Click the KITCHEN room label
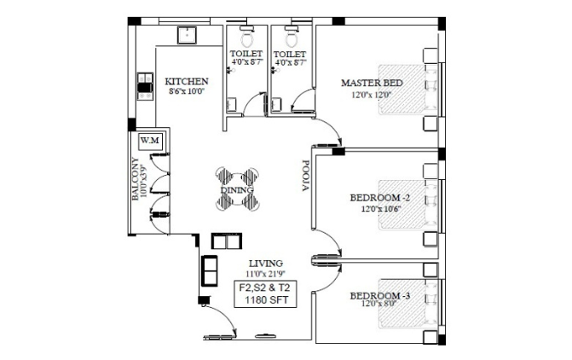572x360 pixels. pos(187,81)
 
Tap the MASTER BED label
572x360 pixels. pos(372,83)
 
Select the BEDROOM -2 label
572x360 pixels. pos(379,198)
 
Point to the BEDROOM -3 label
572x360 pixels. pos(379,295)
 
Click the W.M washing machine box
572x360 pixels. pos(150,141)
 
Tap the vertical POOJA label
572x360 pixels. pos(305,176)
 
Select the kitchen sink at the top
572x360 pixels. pos(188,36)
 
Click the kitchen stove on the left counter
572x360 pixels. pos(145,87)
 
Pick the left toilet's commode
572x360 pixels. pos(247,37)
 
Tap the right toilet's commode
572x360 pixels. pos(292,37)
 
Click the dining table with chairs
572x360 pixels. pos(238,189)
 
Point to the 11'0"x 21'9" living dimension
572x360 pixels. pos(266,274)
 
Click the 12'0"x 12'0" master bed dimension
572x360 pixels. pos(372,96)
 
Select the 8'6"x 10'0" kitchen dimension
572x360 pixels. pos(186,91)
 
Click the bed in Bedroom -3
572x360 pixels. pos(407,304)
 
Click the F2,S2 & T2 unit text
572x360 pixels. pos(265,287)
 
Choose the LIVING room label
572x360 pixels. pos(266,264)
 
